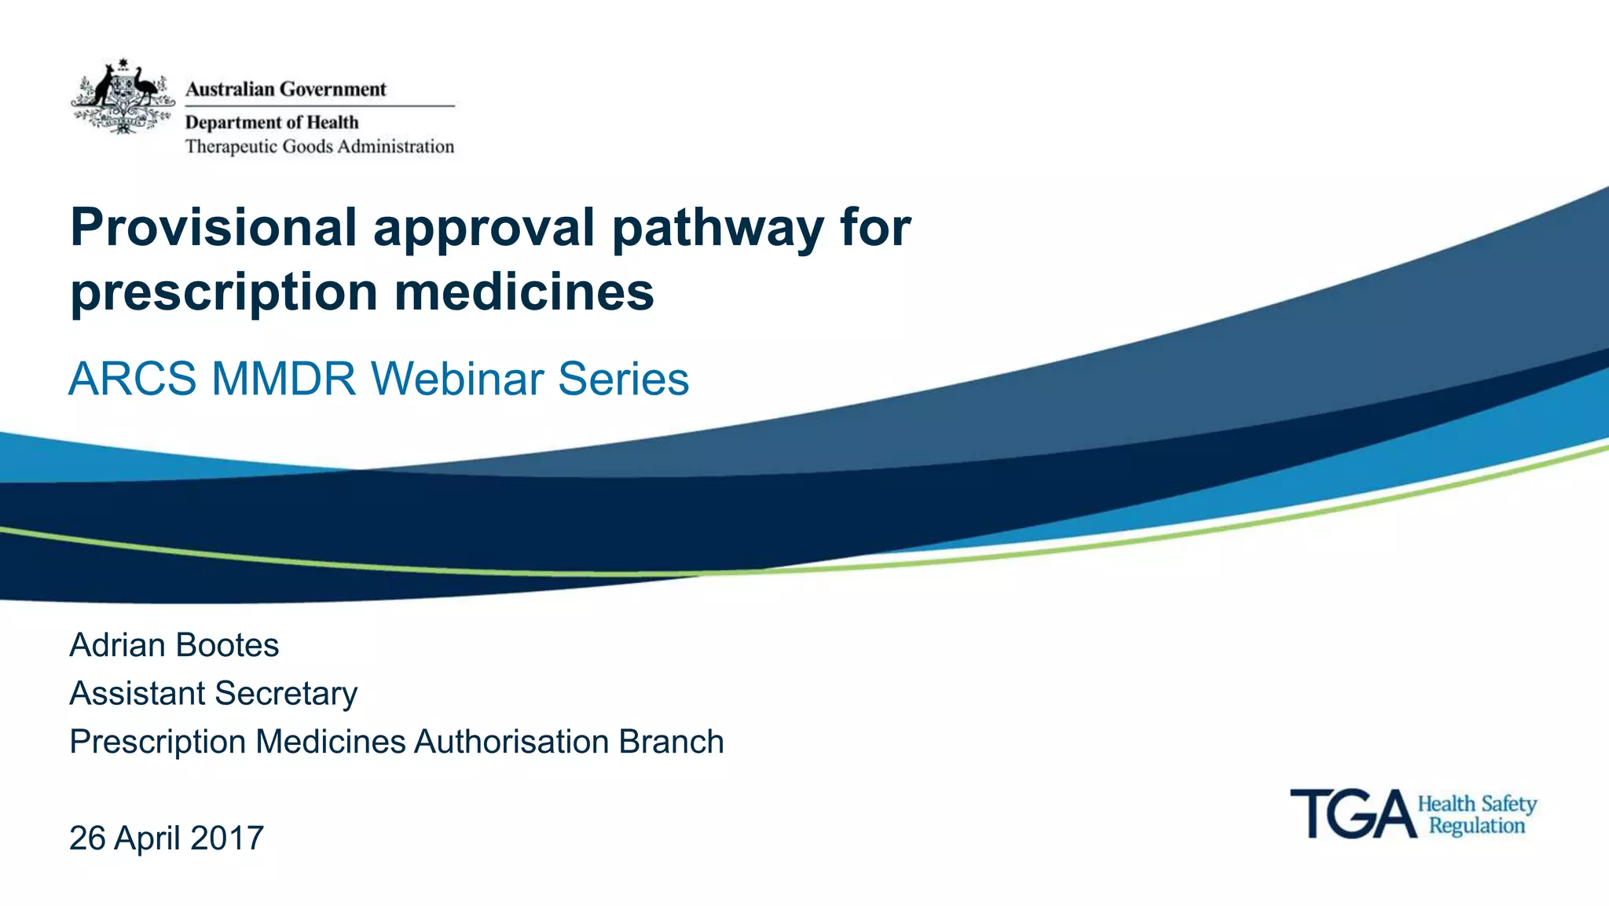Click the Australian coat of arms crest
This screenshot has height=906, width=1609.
click(123, 97)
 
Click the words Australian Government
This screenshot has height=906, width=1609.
click(285, 89)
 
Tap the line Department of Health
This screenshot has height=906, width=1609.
click(271, 122)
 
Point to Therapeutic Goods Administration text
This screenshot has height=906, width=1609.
click(319, 146)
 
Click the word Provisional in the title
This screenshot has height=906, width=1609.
click(214, 228)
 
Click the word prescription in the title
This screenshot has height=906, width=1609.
click(224, 293)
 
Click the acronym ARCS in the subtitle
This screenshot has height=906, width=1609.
click(132, 379)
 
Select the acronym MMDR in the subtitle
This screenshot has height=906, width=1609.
click(284, 379)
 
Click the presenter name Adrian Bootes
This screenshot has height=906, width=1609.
click(174, 645)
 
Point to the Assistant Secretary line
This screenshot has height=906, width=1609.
click(213, 693)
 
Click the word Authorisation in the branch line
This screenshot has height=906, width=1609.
click(511, 742)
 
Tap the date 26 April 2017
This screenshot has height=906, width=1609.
click(167, 838)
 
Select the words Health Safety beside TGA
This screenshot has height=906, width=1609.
click(1476, 804)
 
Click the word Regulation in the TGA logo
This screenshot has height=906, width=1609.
click(1476, 826)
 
